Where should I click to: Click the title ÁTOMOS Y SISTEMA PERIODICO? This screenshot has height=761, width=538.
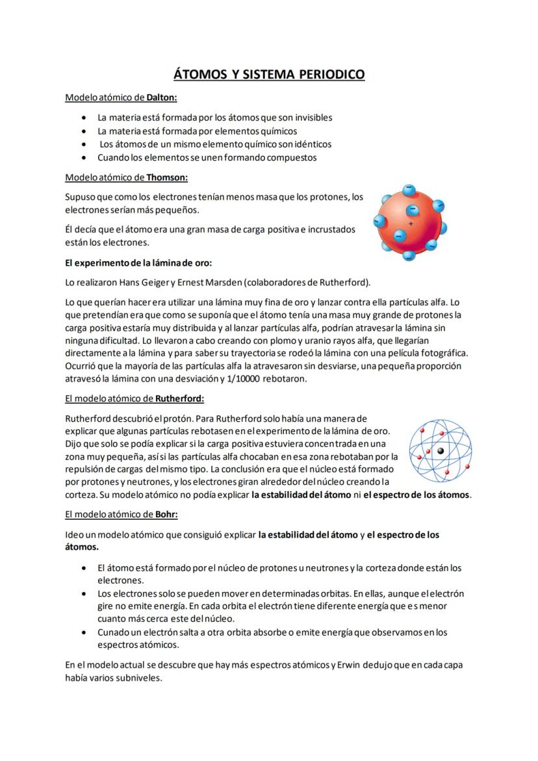tap(268, 74)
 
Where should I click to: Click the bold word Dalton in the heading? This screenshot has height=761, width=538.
tap(161, 97)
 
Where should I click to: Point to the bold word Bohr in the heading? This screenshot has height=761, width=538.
tap(165, 514)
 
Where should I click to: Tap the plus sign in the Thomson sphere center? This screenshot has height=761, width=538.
tap(411, 224)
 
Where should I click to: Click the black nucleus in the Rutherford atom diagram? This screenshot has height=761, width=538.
tap(441, 451)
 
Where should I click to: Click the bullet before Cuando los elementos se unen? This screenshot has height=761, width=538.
tap(84, 158)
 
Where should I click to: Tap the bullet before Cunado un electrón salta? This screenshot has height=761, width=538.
tap(84, 632)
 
